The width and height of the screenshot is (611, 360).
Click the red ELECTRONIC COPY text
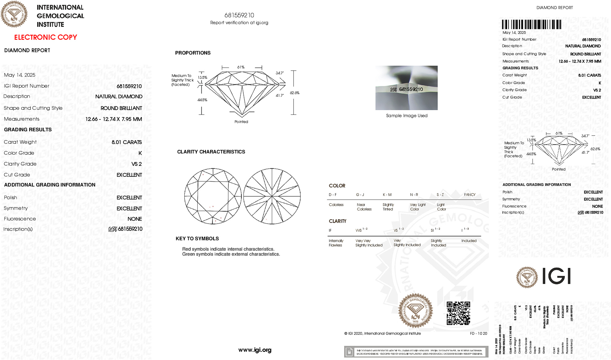46,37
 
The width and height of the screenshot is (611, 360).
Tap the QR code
458,313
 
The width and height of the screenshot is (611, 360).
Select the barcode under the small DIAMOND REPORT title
531,24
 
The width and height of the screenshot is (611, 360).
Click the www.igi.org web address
255,350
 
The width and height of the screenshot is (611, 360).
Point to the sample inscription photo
406,88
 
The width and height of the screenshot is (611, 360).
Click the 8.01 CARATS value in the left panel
127,142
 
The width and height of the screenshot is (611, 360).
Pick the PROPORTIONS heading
193,53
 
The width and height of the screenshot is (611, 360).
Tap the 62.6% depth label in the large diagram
294,93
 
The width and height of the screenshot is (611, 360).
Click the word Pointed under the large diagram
241,122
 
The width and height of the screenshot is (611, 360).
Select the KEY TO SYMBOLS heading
197,238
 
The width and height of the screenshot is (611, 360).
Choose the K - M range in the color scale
387,195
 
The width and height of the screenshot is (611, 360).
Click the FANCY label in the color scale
469,195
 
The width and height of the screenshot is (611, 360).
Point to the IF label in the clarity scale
330,230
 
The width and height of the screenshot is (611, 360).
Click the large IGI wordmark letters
557,276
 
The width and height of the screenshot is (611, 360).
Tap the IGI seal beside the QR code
415,310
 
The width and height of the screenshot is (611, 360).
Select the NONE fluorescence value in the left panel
135,219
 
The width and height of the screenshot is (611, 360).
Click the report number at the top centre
239,15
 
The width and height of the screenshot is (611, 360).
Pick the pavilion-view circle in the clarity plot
272,196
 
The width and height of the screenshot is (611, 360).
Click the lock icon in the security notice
349,352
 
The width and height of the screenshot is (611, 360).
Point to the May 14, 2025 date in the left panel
20,75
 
